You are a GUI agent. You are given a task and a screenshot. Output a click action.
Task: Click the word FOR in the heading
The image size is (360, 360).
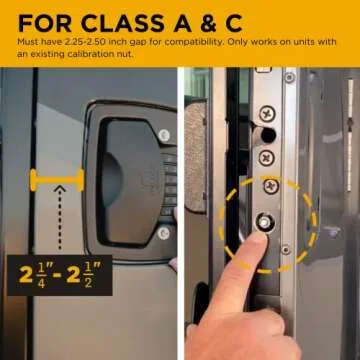click(41, 21)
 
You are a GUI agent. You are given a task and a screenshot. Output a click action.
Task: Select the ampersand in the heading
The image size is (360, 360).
click(224, 21)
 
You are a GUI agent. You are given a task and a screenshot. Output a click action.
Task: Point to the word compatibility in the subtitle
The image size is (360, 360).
click(196, 43)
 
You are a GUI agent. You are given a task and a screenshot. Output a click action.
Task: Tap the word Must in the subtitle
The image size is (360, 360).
click(27, 43)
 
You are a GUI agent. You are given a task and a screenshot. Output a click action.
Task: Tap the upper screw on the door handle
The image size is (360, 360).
click(164, 134)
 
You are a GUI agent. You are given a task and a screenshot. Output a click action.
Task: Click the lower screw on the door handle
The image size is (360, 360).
click(164, 233)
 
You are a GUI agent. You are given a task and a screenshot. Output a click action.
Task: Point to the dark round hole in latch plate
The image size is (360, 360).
click(265, 133)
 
